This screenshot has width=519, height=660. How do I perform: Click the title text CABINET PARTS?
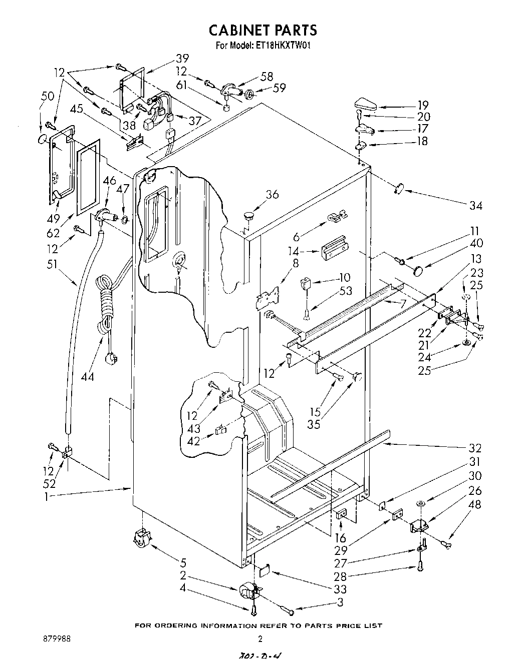pos(263,30)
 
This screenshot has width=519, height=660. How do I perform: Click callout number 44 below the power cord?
pos(88,376)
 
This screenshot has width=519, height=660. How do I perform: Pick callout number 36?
pos(272,195)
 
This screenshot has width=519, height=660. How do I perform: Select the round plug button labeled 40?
pos(417,271)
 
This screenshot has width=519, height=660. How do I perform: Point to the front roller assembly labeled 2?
pos(248,591)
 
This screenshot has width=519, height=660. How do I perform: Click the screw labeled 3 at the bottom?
pos(291,610)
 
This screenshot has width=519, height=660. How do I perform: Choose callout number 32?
pos(474,447)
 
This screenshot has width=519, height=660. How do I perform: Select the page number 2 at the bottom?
pos(260,638)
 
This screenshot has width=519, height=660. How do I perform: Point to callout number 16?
pos(341,538)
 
